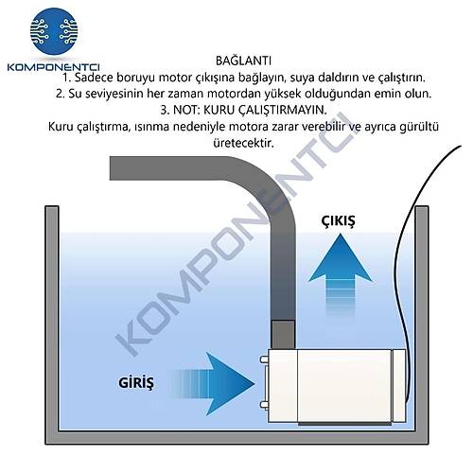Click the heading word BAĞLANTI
coord(236,59)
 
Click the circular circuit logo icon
coord(55,33)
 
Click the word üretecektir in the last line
coord(236,143)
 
